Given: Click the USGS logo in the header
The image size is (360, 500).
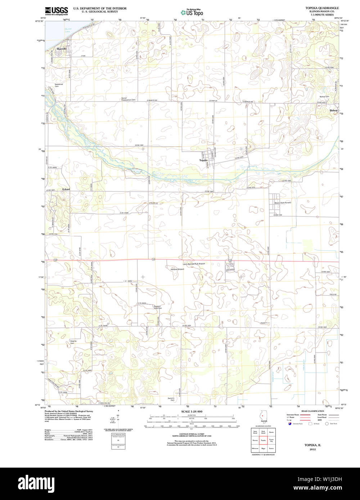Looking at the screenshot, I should point(56,11).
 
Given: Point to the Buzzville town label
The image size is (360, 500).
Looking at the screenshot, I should point(62,49).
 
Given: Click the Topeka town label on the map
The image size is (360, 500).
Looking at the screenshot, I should point(203,160).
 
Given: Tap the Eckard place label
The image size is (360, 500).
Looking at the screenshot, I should point(66,189).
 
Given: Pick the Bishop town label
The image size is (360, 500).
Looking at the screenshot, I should point(334,110).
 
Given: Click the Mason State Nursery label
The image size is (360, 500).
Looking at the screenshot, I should point(283,203).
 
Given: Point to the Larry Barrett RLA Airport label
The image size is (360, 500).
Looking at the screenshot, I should point(194,264).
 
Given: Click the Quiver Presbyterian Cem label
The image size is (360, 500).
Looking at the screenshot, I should point(129,99).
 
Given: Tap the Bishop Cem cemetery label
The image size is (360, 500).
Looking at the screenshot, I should point(324,96).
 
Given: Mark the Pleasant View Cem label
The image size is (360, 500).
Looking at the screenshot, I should point(158,307).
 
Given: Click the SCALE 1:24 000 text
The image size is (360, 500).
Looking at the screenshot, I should point(192,411).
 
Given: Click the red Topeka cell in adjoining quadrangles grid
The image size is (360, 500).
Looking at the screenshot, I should point(263,440).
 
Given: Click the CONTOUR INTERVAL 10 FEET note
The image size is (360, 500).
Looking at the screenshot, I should point(192,435).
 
